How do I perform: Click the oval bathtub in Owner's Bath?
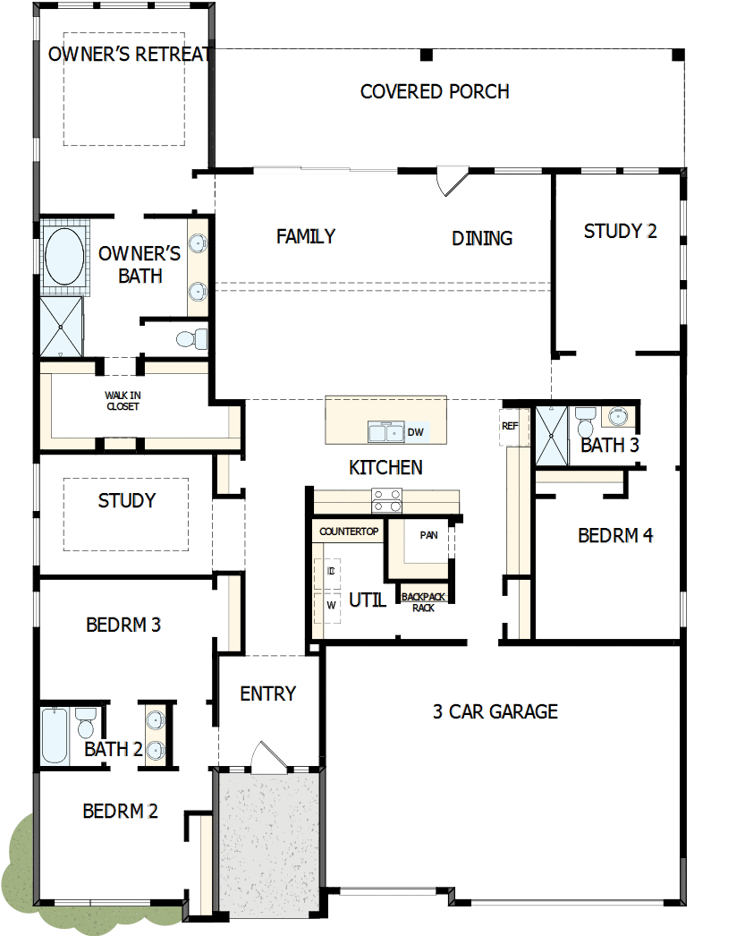(64, 257)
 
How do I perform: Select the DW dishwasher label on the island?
(415, 432)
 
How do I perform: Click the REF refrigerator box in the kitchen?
(510, 427)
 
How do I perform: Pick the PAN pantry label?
(428, 535)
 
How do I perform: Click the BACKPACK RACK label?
(423, 601)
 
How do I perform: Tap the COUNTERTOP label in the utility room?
(349, 532)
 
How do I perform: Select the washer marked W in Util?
(330, 605)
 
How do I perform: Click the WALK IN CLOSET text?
(123, 400)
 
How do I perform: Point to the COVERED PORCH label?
(435, 91)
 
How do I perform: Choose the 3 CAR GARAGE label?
(495, 711)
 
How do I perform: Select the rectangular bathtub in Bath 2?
(54, 736)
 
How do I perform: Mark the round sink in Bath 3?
(618, 416)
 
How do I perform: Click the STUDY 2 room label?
(620, 231)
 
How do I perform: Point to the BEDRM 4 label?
(615, 535)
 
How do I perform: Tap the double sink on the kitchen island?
(386, 433)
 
